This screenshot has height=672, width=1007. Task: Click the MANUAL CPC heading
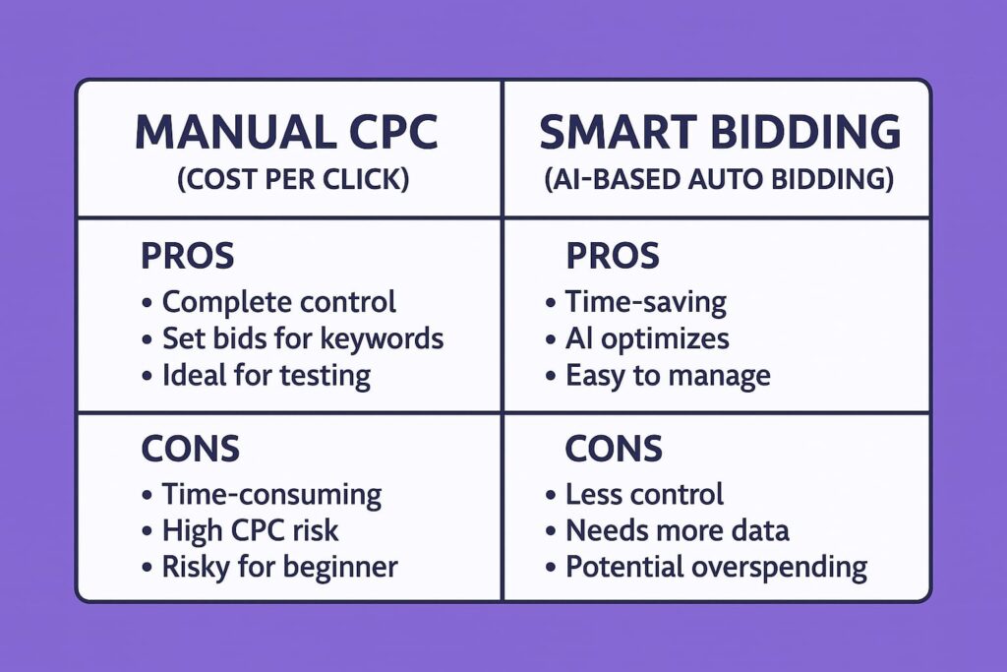[x=286, y=132]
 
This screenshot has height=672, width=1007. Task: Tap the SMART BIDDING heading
[x=720, y=132]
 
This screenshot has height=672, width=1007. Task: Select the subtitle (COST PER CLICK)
[x=293, y=179]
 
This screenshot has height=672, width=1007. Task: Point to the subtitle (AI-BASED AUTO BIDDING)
[x=719, y=179]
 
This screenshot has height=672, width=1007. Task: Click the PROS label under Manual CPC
[x=188, y=256]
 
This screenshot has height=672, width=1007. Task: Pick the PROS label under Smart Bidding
[x=613, y=256]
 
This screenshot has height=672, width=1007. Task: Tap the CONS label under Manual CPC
[x=190, y=449]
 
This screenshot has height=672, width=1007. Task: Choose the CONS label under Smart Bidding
[x=614, y=449]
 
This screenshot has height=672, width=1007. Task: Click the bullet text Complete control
[x=278, y=302]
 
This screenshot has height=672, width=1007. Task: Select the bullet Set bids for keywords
[x=303, y=338]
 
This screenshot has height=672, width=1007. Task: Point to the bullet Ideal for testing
[x=266, y=376]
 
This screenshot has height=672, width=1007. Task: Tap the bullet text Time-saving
[x=645, y=302]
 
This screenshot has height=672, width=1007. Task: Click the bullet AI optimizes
[x=647, y=339]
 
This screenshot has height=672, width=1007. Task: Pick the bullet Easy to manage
[x=668, y=376]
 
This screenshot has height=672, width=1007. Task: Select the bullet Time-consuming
[x=271, y=495]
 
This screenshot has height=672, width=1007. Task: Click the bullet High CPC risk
[x=250, y=530]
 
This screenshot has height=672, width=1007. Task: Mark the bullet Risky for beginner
[x=279, y=568]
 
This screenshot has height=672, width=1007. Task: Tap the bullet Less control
[x=644, y=494]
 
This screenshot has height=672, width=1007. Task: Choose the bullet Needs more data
[x=677, y=530]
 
